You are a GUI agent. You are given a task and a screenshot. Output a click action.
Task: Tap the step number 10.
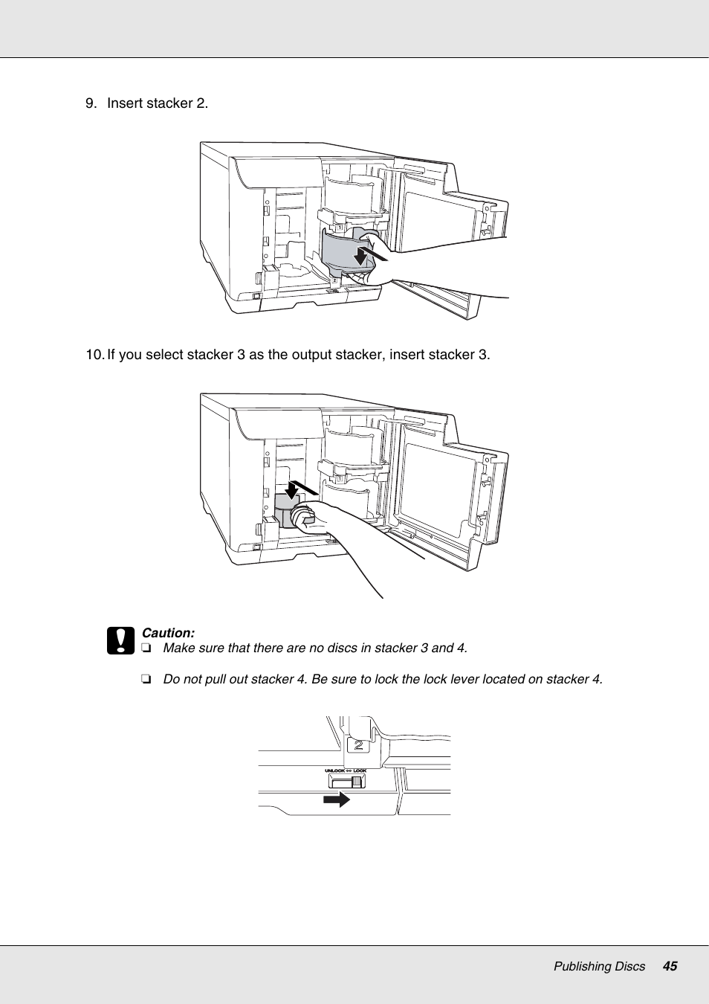tap(94, 355)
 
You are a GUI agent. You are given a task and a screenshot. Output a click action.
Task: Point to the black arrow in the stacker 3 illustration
tap(292, 490)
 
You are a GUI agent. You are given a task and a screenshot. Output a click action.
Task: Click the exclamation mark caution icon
tap(120, 640)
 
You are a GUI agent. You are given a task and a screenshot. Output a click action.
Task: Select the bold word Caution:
tap(168, 633)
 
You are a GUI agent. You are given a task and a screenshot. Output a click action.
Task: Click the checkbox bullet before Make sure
tap(146, 649)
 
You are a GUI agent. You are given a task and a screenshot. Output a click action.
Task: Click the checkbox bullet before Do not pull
tap(146, 680)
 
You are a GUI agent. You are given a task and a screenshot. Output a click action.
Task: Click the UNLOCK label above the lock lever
tap(334, 770)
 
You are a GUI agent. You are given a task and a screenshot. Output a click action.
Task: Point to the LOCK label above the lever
tap(360, 770)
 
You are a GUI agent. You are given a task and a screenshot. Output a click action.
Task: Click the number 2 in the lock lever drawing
tap(359, 744)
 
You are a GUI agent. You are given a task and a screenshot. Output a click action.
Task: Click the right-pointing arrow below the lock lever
tap(337, 799)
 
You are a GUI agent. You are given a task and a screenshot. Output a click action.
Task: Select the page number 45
tap(670, 966)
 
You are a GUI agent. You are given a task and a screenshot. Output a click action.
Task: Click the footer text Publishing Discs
tap(599, 966)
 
